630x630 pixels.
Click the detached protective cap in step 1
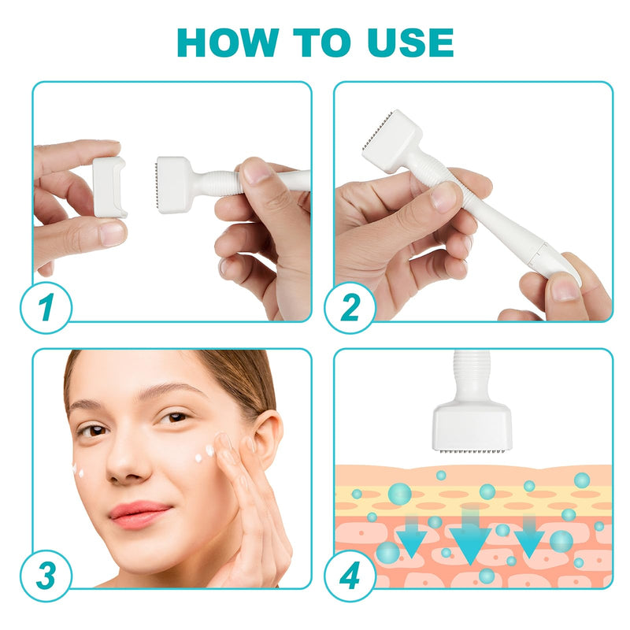[109, 187]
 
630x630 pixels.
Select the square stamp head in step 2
[392, 142]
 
